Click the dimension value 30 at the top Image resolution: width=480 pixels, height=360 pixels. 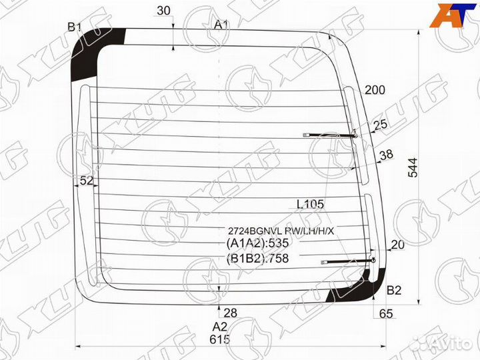163,11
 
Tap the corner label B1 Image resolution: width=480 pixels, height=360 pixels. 75,27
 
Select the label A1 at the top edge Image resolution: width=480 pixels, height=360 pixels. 221,25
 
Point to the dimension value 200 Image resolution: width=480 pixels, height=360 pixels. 375,90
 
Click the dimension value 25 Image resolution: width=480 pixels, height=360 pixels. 381,125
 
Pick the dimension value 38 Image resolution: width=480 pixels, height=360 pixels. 386,155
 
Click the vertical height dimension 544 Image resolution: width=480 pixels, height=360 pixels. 413,167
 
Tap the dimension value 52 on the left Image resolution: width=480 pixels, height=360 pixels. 86,181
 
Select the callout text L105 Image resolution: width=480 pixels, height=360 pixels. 310,204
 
